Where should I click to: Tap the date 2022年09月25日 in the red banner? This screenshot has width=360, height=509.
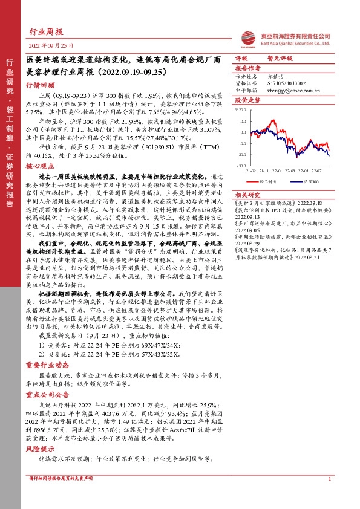[51, 45]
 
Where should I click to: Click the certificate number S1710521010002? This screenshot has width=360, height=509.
[288, 83]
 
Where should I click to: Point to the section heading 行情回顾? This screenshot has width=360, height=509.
[40, 86]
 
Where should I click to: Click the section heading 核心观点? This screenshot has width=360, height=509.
[40, 164]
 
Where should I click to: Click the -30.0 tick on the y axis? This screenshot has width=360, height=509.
[241, 164]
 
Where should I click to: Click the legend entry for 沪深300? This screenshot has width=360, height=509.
[313, 180]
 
